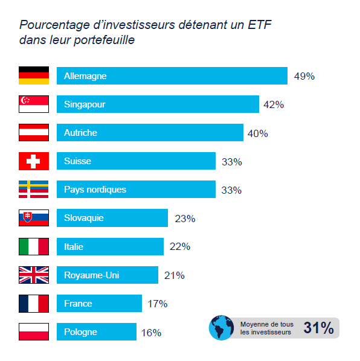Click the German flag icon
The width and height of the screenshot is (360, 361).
(34, 75)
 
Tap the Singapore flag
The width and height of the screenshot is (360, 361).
(34, 104)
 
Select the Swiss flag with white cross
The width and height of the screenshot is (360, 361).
(34, 161)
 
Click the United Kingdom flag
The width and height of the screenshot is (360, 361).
(34, 275)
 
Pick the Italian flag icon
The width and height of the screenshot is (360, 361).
(34, 246)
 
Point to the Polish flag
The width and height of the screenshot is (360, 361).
(34, 331)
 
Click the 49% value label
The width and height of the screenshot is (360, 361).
(304, 76)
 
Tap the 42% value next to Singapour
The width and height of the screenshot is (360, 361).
(274, 104)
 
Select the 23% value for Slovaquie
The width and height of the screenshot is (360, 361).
(185, 219)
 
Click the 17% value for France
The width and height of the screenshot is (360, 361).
(157, 304)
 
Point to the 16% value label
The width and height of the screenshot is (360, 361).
(151, 332)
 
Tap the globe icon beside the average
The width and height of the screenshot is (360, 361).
(221, 327)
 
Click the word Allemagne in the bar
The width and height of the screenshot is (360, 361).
(85, 76)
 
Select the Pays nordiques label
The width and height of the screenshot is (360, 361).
(95, 190)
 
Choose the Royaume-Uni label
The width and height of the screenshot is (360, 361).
(92, 275)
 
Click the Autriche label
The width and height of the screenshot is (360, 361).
(80, 133)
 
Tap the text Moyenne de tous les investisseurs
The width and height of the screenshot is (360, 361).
(266, 328)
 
